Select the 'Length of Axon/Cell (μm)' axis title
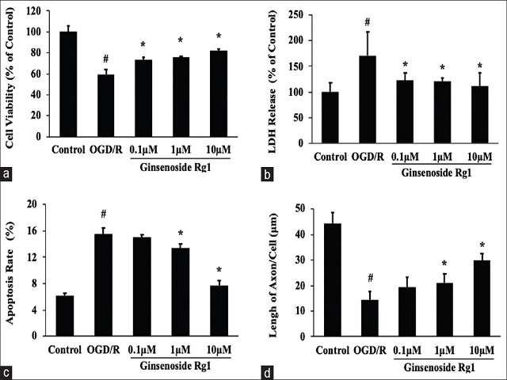pyautogui.click(x=274, y=269)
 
